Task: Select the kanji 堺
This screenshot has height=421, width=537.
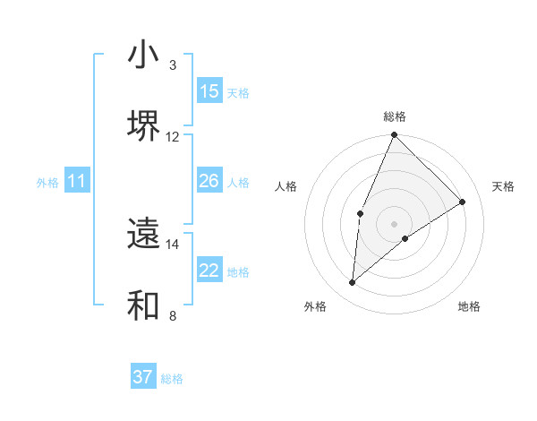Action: (143, 125)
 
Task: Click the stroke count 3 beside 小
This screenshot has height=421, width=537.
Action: (173, 65)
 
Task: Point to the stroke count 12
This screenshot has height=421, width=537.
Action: (173, 136)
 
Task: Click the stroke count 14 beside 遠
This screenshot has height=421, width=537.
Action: (173, 244)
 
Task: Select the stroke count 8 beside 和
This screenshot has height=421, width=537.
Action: (173, 315)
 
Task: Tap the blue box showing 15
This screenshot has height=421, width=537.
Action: (209, 91)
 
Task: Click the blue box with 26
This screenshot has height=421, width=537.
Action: (209, 181)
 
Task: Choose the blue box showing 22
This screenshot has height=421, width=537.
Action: (209, 271)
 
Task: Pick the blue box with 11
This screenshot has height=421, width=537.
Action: (77, 181)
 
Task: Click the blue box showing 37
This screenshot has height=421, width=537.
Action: (143, 377)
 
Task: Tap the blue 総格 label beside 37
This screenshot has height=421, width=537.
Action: (172, 379)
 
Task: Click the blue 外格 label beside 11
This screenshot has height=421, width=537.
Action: (47, 183)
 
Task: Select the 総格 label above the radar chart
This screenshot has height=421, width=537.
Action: (394, 116)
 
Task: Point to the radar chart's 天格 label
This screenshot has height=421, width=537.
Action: (504, 186)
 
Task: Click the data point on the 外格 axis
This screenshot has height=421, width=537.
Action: (353, 283)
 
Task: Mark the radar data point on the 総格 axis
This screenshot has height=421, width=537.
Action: (394, 136)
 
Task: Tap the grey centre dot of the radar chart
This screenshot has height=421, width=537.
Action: (394, 223)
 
